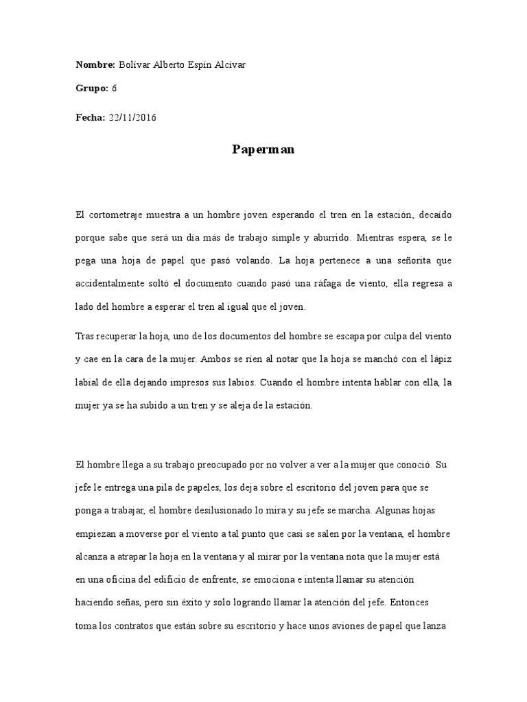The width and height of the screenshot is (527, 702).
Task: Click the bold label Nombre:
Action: [95, 65]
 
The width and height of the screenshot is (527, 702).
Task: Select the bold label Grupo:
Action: [92, 88]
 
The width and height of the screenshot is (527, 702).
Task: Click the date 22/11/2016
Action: [132, 117]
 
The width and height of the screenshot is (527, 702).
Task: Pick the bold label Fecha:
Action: [90, 117]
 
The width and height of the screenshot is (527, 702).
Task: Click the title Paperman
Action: [263, 149]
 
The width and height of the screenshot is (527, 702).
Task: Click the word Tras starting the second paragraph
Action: [84, 336]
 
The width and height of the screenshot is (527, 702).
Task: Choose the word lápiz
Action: [438, 359]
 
